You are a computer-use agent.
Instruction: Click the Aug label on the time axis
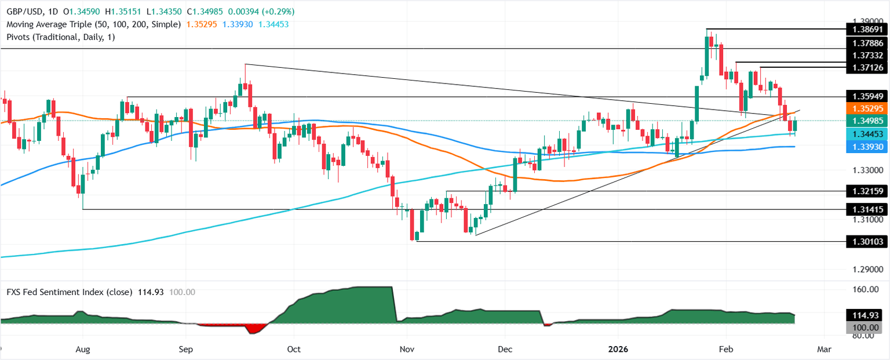[83, 350]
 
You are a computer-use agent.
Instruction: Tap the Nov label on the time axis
[407, 350]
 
